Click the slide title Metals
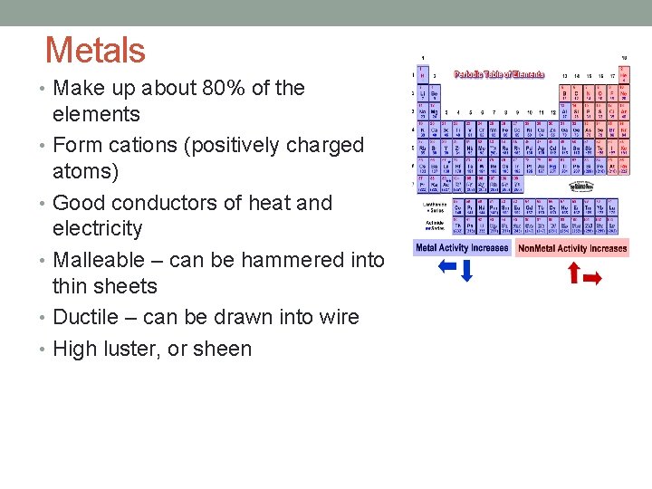coord(95,50)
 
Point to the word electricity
coord(98,228)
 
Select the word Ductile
coord(86,317)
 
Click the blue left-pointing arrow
coord(446,266)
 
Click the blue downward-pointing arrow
coord(466,270)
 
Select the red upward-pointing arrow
coord(572,272)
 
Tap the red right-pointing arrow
coord(592,279)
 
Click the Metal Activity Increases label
coord(462,247)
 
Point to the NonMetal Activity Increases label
coord(572,248)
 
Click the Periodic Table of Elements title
coord(499,74)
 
